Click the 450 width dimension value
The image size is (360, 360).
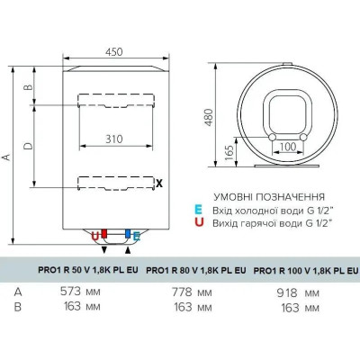pyautogui.click(x=114, y=52)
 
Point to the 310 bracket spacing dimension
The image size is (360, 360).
pyautogui.click(x=114, y=139)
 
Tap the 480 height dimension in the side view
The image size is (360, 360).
pyautogui.click(x=209, y=117)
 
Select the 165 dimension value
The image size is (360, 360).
pyautogui.click(x=229, y=152)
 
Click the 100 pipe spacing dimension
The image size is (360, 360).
pyautogui.click(x=287, y=147)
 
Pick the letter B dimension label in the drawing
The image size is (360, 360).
pyautogui.click(x=28, y=87)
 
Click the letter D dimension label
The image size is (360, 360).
pyautogui.click(x=28, y=146)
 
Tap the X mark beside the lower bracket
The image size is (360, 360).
pyautogui.click(x=159, y=183)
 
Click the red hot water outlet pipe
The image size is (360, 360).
pyautogui.click(x=104, y=234)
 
